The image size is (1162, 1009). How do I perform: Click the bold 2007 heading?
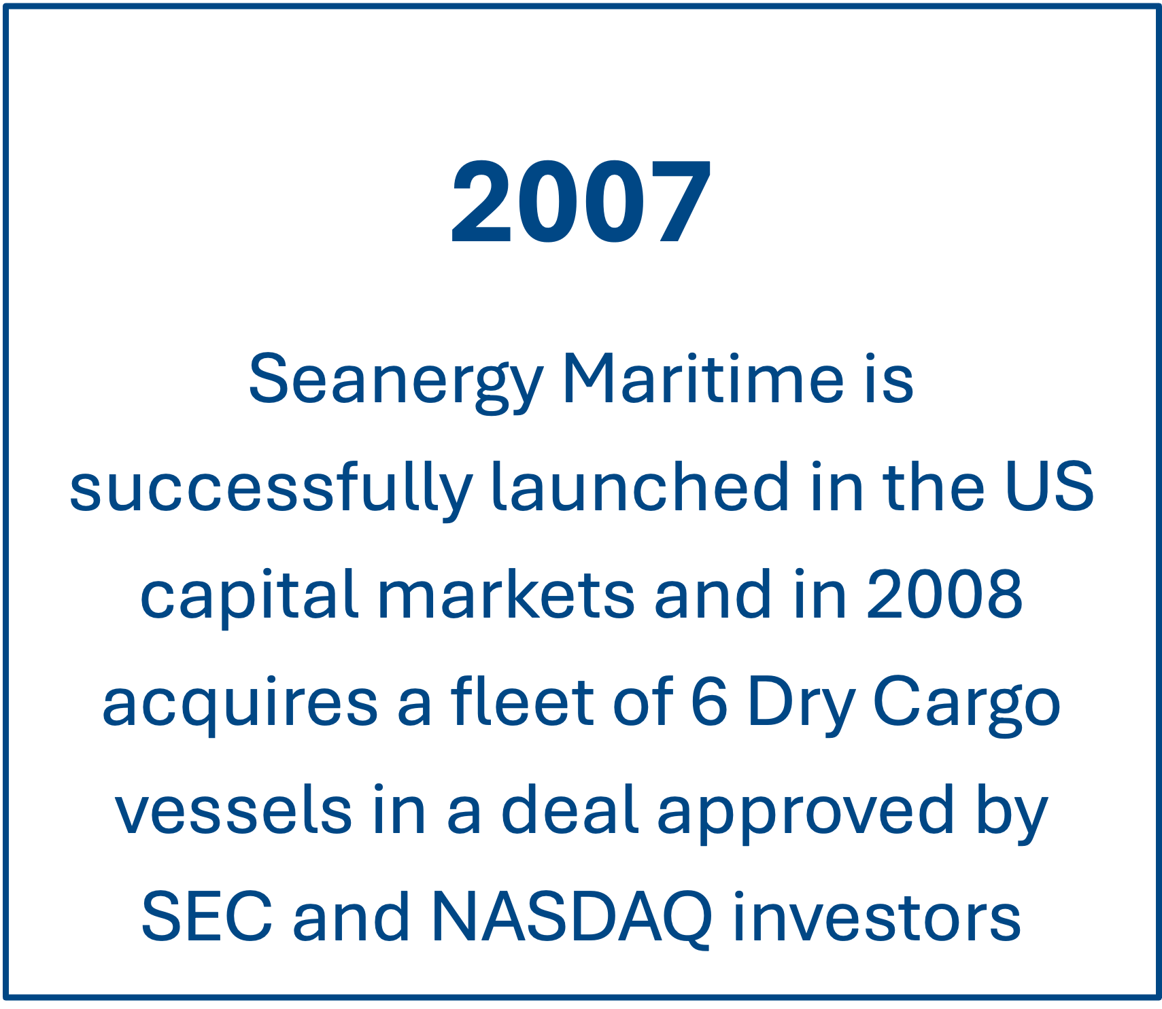(x=581, y=202)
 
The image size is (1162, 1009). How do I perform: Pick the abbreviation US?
(x=1049, y=486)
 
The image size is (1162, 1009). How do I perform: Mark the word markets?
(x=506, y=594)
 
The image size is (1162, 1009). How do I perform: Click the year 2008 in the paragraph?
(x=944, y=594)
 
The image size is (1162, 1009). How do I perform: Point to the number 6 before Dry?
(x=709, y=702)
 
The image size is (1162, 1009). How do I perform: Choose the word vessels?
(x=233, y=809)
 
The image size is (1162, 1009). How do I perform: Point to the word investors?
(x=877, y=916)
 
